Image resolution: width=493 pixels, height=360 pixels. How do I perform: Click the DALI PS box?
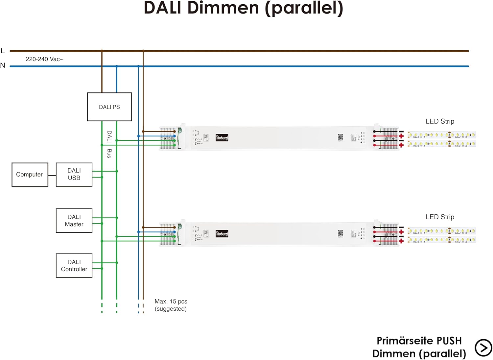click(x=109, y=107)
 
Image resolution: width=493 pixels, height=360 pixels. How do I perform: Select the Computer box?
click(x=30, y=175)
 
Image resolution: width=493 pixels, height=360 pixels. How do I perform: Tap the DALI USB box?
click(x=74, y=175)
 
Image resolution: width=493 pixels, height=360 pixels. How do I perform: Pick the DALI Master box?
click(x=74, y=221)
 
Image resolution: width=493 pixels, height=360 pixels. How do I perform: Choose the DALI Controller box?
click(x=74, y=266)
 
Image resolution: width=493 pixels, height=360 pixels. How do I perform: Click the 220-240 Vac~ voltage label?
click(x=44, y=59)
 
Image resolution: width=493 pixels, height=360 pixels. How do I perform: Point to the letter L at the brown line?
click(x=3, y=51)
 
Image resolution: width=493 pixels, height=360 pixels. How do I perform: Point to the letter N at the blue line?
click(x=3, y=65)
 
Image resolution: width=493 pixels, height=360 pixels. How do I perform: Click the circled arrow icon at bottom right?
click(x=483, y=348)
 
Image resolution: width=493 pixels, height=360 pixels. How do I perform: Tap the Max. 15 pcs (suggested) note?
click(x=171, y=305)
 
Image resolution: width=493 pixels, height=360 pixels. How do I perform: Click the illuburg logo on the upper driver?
click(x=222, y=138)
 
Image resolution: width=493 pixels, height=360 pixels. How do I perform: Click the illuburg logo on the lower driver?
click(x=222, y=234)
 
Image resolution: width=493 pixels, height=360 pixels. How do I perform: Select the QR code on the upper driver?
click(x=340, y=137)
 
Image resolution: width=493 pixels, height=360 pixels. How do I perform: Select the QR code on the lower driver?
click(x=340, y=233)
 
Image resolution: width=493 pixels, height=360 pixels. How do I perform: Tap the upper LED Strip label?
click(x=440, y=121)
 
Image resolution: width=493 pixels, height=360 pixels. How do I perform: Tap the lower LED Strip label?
click(x=440, y=217)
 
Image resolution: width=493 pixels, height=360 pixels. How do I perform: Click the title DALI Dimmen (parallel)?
click(x=244, y=8)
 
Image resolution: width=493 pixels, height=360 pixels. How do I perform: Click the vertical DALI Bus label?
click(x=109, y=144)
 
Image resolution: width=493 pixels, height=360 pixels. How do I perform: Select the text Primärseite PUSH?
click(x=419, y=341)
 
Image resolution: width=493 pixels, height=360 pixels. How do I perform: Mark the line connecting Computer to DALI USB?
click(x=52, y=175)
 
